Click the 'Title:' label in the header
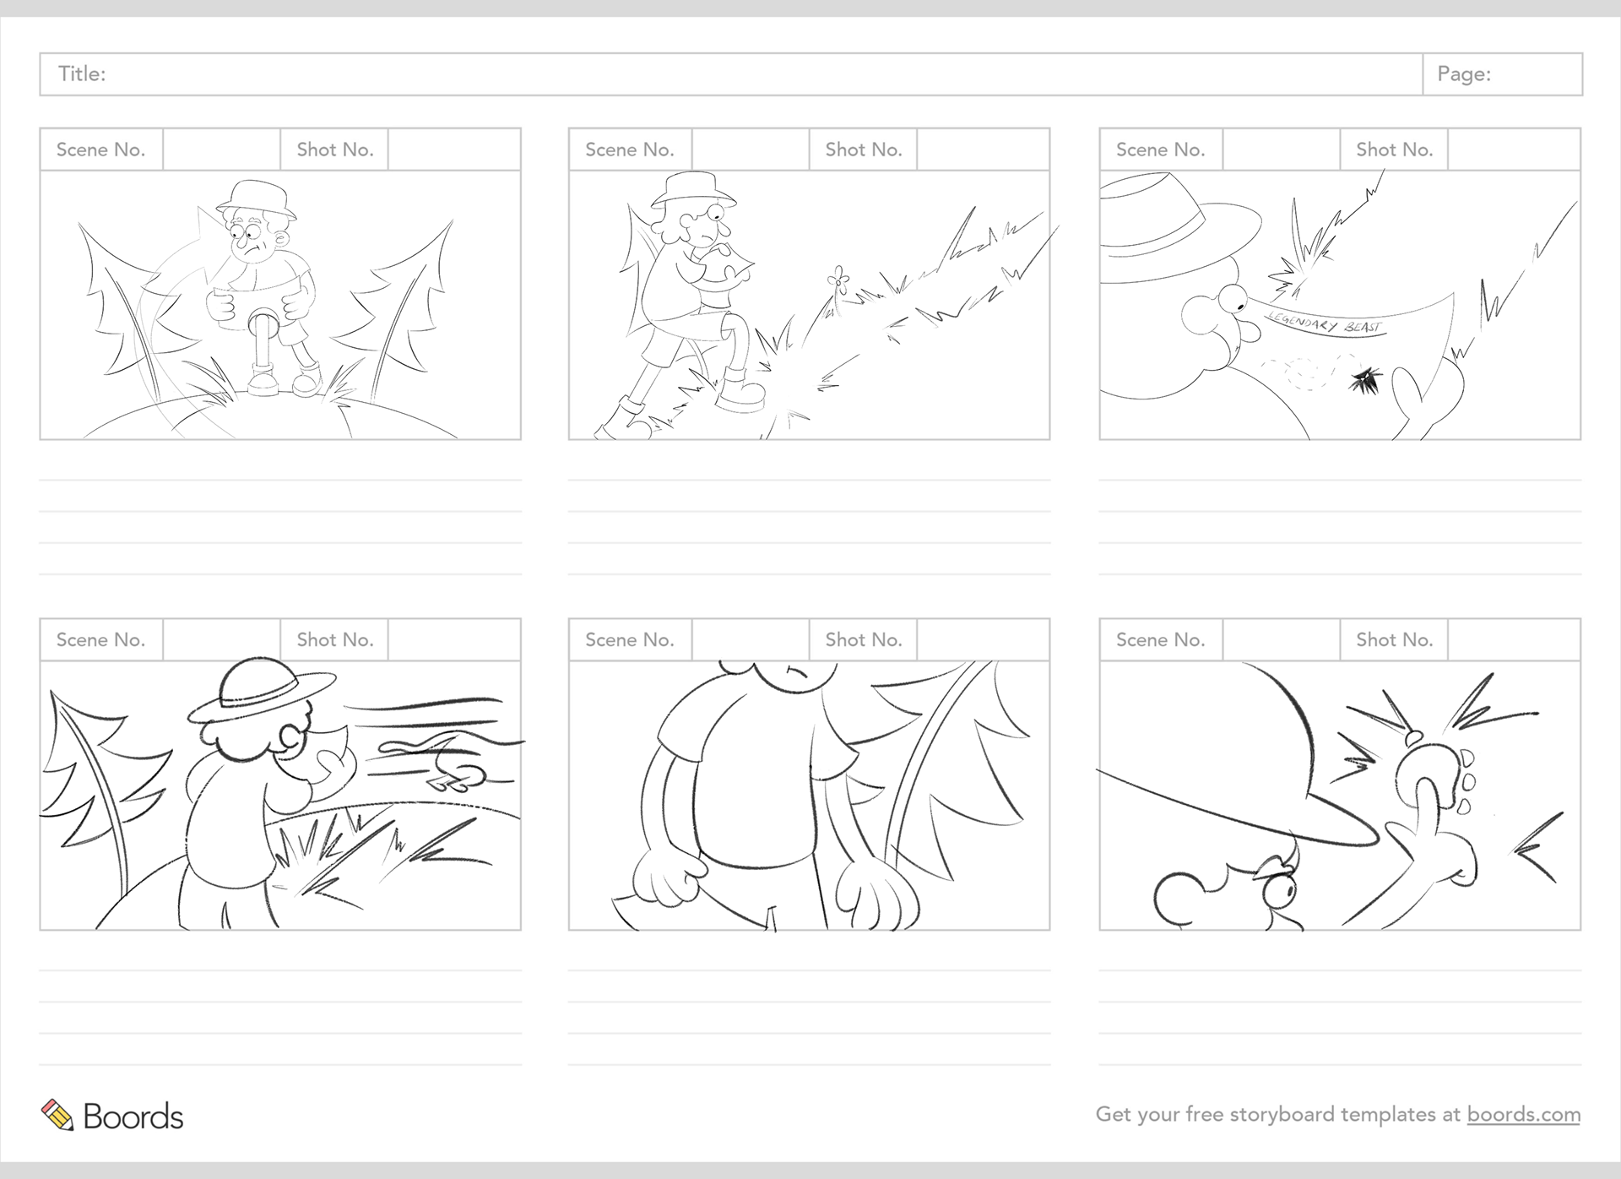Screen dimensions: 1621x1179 (82, 74)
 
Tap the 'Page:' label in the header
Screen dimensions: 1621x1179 (1464, 74)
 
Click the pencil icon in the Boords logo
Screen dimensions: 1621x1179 (57, 1115)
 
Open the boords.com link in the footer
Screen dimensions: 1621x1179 (1523, 1115)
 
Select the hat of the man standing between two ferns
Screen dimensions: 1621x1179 (256, 199)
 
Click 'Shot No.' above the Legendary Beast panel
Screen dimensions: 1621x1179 (1394, 149)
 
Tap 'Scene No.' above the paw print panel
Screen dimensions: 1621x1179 (1160, 640)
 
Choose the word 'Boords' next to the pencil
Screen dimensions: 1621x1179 (133, 1117)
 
